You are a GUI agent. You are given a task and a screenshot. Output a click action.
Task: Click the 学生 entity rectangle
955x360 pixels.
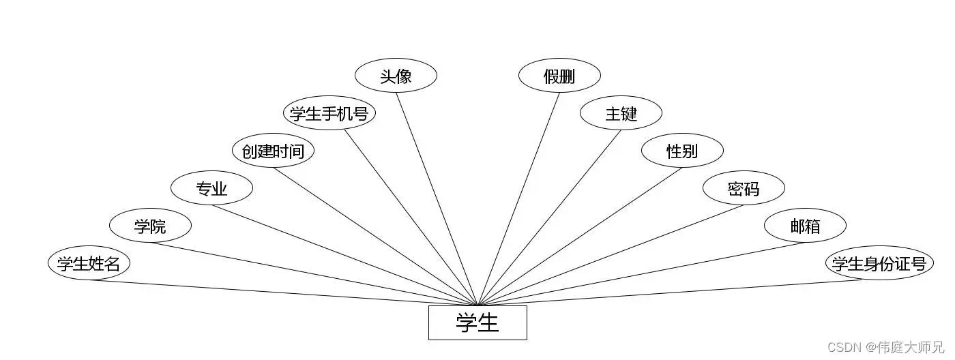477,322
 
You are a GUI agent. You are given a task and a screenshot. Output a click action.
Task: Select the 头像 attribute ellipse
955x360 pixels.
396,76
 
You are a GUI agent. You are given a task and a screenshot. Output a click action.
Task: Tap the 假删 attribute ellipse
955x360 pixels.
559,76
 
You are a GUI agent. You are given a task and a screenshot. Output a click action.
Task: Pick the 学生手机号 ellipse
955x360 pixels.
329,113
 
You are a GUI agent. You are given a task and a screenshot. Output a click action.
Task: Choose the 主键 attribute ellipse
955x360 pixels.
621,113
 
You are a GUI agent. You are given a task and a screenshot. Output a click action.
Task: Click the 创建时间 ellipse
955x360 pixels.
273,151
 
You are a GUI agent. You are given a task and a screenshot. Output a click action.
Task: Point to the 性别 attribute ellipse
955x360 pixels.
682,151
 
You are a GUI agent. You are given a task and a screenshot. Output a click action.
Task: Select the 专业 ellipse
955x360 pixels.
211,188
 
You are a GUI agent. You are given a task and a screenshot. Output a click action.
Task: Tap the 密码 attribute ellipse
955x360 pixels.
744,188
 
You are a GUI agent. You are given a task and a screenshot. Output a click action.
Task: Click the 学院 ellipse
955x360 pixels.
150,226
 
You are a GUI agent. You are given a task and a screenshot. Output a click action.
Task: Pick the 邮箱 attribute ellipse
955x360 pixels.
805,226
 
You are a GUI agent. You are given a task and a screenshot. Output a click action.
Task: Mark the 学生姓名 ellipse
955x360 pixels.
89,263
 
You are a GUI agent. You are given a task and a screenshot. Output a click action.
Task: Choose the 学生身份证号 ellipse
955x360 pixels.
879,263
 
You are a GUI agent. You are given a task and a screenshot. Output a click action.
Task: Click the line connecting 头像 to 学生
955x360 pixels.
437,198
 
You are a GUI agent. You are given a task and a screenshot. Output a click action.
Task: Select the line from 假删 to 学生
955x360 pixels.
518,198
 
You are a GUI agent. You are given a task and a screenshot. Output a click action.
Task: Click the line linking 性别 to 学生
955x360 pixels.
580,236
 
